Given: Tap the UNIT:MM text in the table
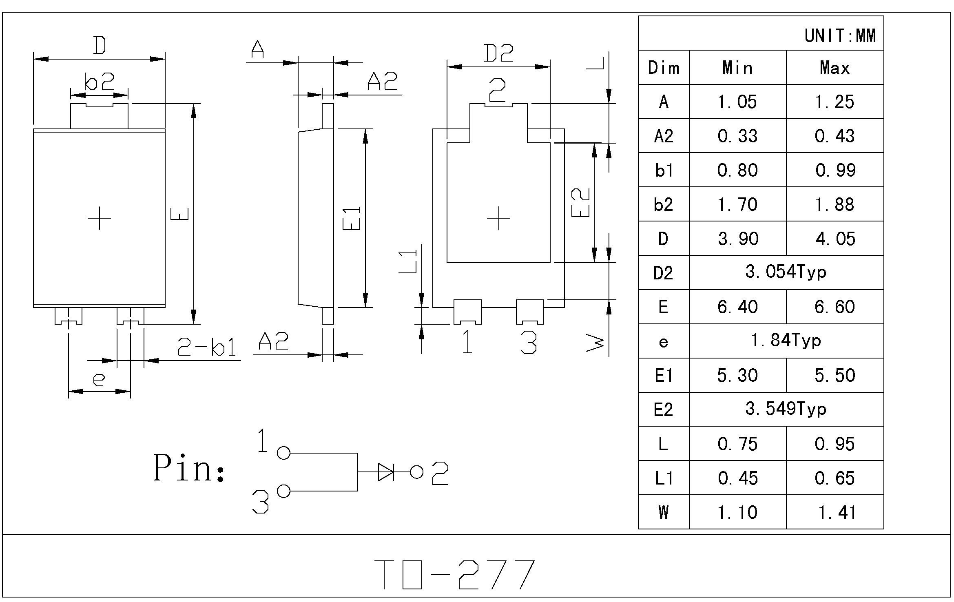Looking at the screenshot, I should pyautogui.click(x=840, y=36).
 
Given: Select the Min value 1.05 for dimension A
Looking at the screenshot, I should pyautogui.click(x=737, y=102).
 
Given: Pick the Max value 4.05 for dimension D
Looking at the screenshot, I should pyautogui.click(x=835, y=239).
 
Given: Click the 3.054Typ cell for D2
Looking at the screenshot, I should pyautogui.click(x=786, y=272).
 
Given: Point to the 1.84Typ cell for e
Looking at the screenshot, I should pyautogui.click(x=786, y=341).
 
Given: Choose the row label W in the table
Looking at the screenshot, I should pyautogui.click(x=663, y=512).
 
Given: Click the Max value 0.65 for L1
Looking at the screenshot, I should pyautogui.click(x=834, y=478).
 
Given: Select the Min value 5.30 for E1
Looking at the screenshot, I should pyautogui.click(x=737, y=376).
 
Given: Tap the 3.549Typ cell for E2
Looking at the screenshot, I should pyautogui.click(x=786, y=409).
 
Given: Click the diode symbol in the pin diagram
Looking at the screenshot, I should pyautogui.click(x=386, y=472).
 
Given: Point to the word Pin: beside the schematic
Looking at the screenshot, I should pyautogui.click(x=188, y=469).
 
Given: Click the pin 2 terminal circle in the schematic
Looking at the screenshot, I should pyautogui.click(x=416, y=472).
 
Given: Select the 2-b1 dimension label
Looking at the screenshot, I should pyautogui.click(x=207, y=347).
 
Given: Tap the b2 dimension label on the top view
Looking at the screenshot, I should pyautogui.click(x=99, y=82).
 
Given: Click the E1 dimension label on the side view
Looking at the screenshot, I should pyautogui.click(x=352, y=218).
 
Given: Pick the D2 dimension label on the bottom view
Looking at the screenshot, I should pyautogui.click(x=498, y=53).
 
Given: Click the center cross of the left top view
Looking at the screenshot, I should pyautogui.click(x=99, y=218).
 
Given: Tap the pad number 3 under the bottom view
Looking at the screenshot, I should pyautogui.click(x=529, y=342).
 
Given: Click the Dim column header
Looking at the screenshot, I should pyautogui.click(x=664, y=68).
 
